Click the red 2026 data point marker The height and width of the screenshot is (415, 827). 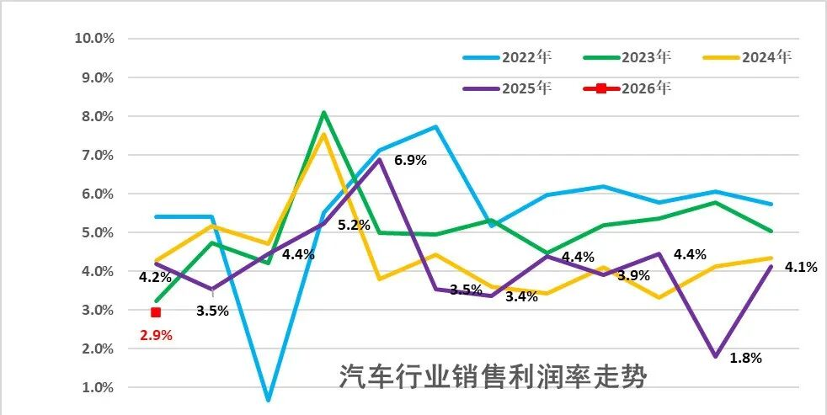[x=156, y=312]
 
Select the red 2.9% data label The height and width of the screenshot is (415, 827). [x=155, y=335]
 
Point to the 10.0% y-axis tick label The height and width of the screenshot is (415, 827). [x=94, y=39]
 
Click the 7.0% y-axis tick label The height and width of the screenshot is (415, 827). [x=97, y=155]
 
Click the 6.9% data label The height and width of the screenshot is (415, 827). [x=410, y=160]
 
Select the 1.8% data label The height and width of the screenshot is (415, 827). [x=744, y=358]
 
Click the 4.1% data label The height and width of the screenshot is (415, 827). [x=801, y=268]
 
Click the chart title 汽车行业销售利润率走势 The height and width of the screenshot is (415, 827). [x=494, y=375]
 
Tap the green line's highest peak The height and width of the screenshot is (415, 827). [x=323, y=112]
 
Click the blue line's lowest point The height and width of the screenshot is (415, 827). [x=268, y=399]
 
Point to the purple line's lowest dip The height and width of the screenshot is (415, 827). [x=716, y=356]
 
